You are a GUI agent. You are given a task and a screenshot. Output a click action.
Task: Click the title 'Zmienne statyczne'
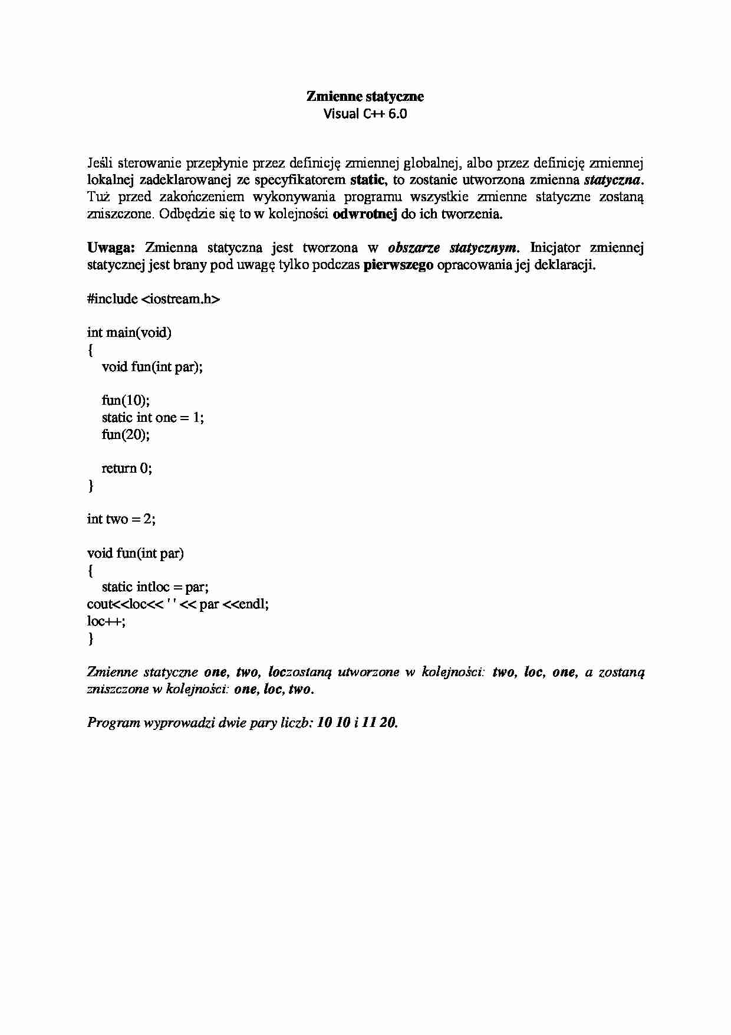tap(365, 96)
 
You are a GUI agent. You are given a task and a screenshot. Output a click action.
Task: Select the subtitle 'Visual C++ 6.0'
tap(365, 114)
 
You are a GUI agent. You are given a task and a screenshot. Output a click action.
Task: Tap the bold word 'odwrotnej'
tap(365, 214)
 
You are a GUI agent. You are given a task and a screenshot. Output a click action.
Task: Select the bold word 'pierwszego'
tap(399, 264)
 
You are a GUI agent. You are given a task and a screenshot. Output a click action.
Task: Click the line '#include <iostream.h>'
tap(153, 299)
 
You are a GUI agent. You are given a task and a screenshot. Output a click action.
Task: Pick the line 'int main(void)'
tap(129, 333)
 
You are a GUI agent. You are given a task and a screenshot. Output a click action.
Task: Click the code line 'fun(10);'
tap(126, 400)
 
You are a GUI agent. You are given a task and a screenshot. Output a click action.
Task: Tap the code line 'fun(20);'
tap(126, 434)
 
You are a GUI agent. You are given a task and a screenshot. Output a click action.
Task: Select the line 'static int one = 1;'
tap(153, 417)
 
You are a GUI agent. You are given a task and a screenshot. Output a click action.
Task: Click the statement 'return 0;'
tap(127, 468)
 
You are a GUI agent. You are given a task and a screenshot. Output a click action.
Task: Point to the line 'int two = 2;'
tap(121, 519)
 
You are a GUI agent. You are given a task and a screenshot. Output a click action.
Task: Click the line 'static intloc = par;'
tap(155, 587)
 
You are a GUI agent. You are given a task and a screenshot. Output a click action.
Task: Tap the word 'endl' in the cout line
tap(255, 604)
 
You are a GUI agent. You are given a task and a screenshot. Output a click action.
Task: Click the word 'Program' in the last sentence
tap(113, 722)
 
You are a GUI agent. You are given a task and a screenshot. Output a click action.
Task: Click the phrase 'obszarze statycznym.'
tap(454, 247)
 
